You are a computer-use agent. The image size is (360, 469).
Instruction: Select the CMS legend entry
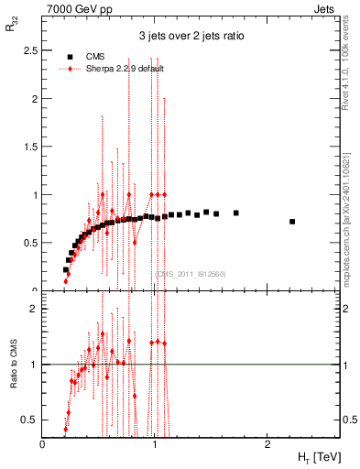point(94,56)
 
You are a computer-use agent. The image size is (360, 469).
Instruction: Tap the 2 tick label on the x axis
point(267,444)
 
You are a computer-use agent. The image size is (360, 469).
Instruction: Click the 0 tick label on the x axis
point(44,444)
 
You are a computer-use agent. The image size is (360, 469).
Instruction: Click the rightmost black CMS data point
point(292,222)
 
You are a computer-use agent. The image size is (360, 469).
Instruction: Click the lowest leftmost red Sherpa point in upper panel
point(66,281)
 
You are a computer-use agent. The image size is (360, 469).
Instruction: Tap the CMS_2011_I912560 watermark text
point(190,274)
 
